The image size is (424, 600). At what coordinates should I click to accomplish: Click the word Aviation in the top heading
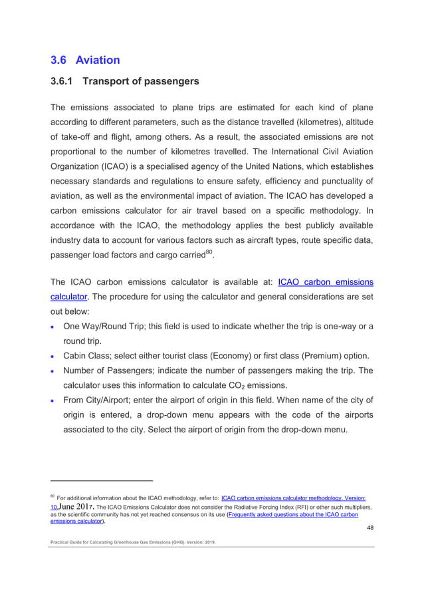click(98, 60)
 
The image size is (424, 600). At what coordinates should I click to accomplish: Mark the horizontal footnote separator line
click(102, 480)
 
